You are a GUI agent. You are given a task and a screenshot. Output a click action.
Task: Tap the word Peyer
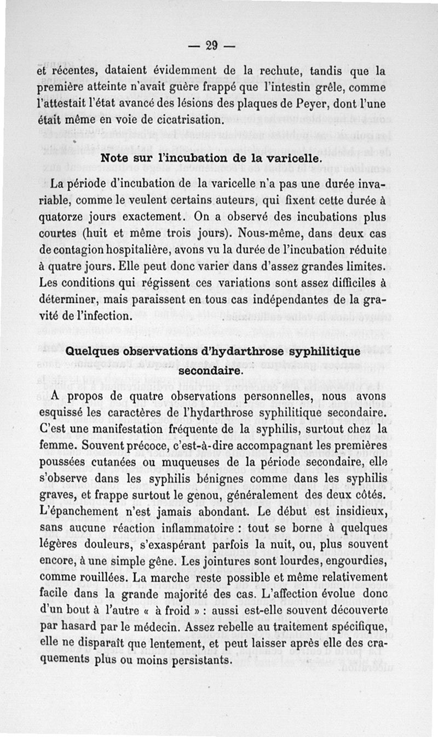[320, 103]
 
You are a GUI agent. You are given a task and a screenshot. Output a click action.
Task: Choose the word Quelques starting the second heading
[94, 351]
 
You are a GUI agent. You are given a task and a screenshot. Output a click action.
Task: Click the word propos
[90, 396]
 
